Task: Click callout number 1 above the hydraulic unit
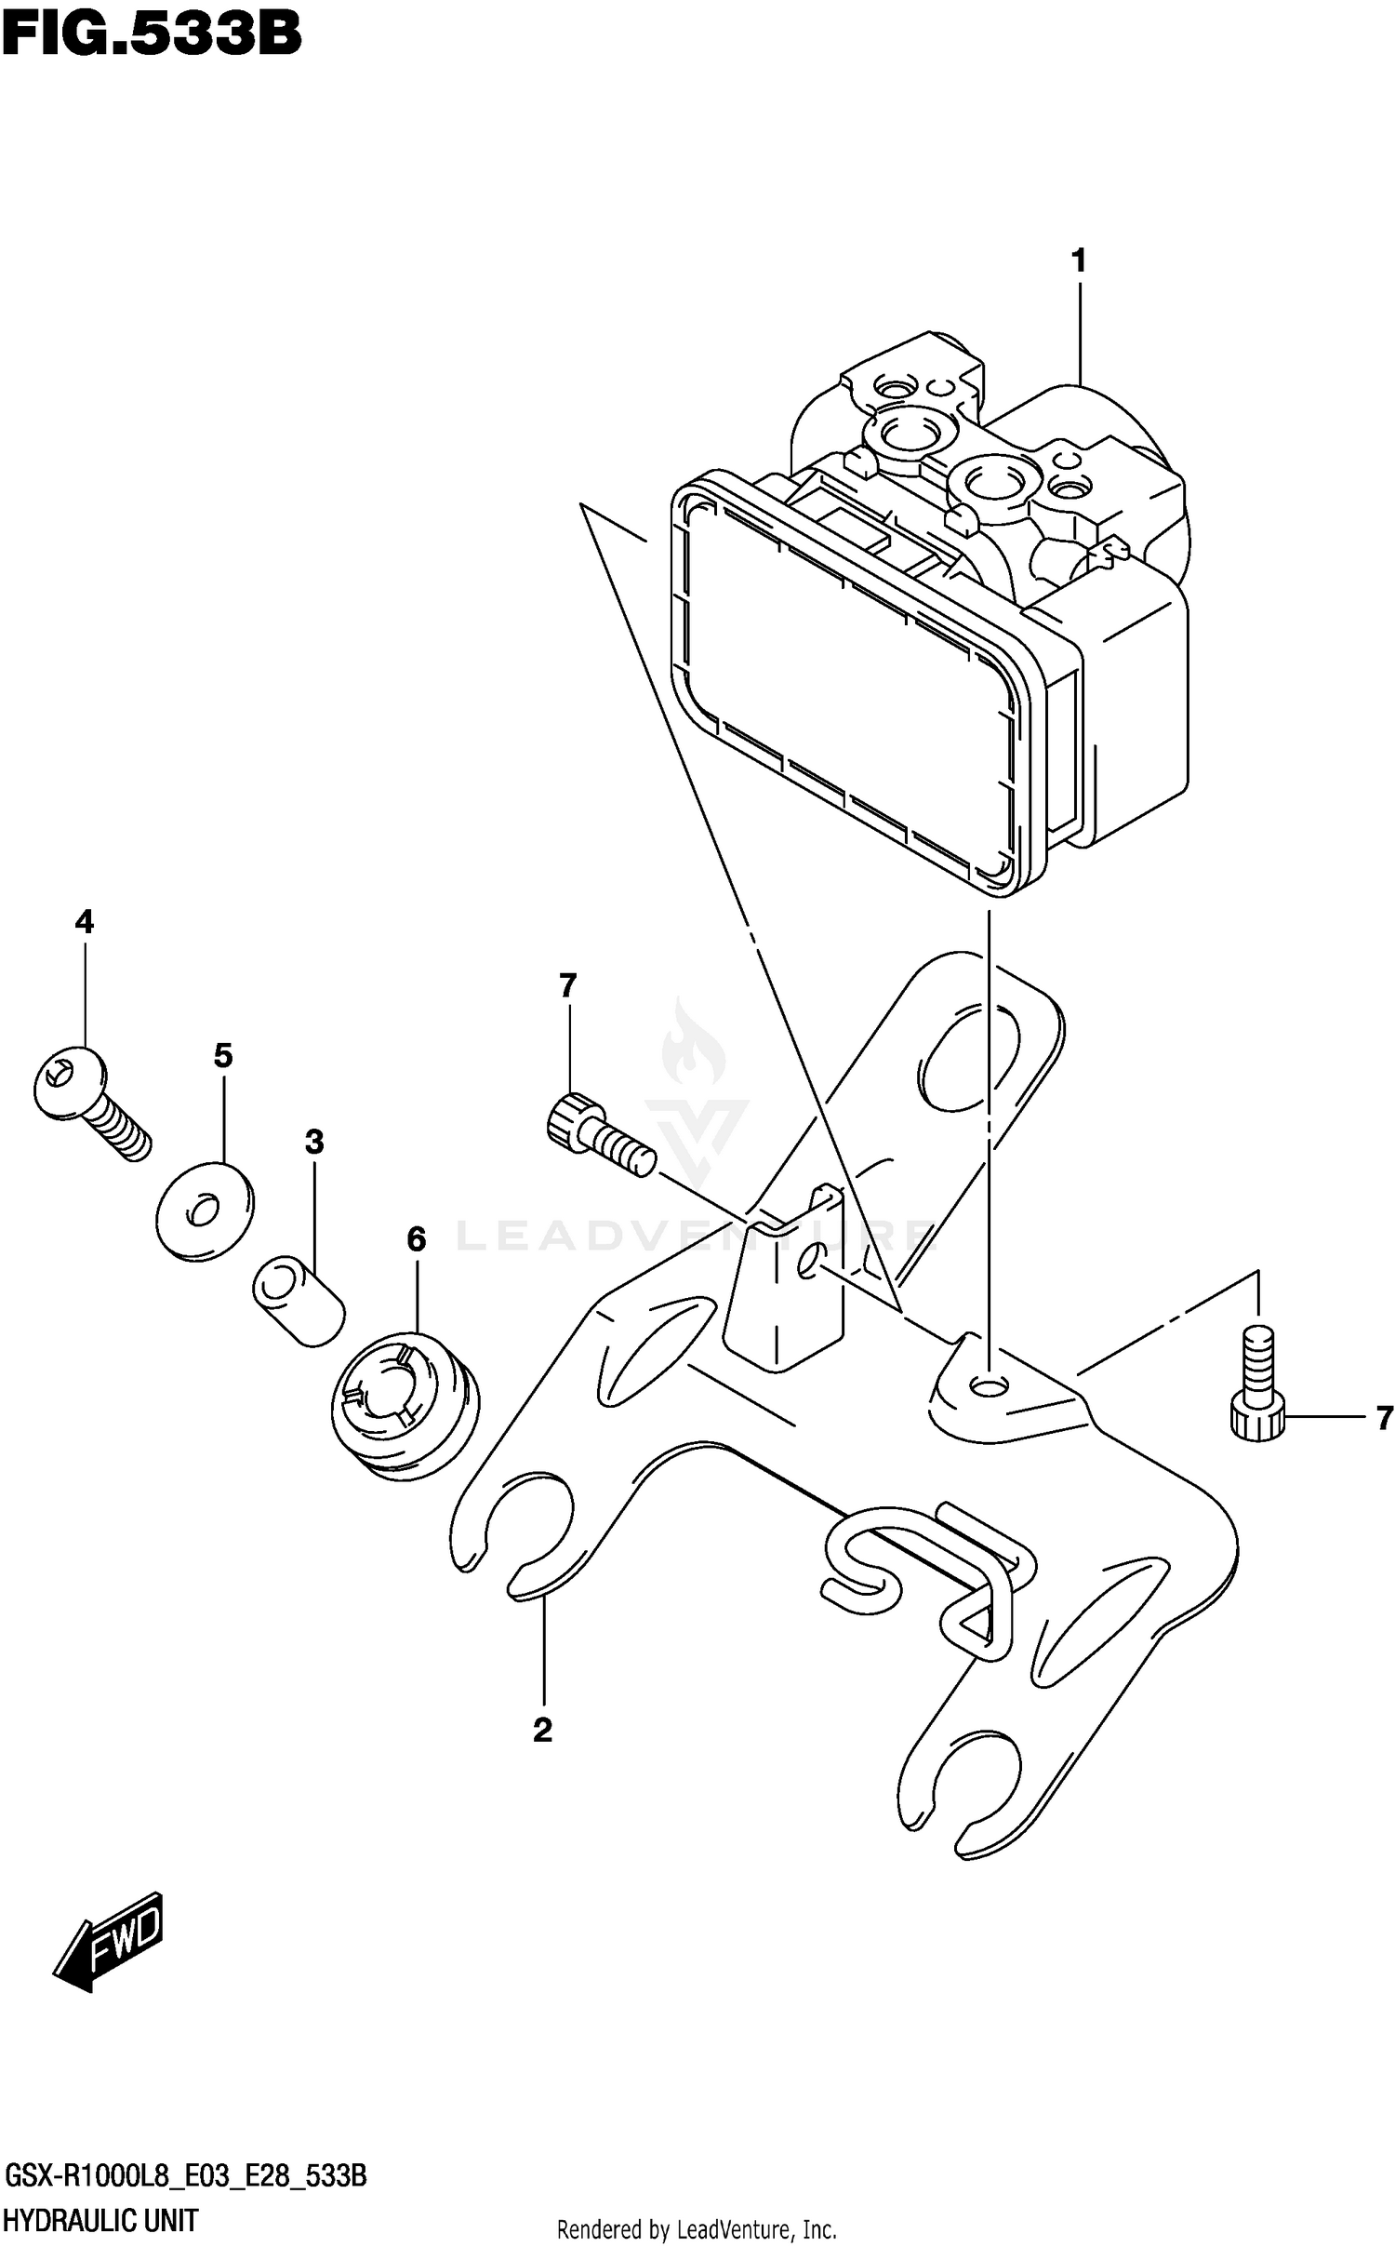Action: (1079, 261)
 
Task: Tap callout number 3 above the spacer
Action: (314, 1142)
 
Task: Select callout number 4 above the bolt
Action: (84, 922)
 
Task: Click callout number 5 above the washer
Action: (223, 1055)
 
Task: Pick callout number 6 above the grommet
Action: (416, 1238)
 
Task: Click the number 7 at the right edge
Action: (1384, 1418)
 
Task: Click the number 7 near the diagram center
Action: (568, 983)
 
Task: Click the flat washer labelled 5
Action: (205, 1210)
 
